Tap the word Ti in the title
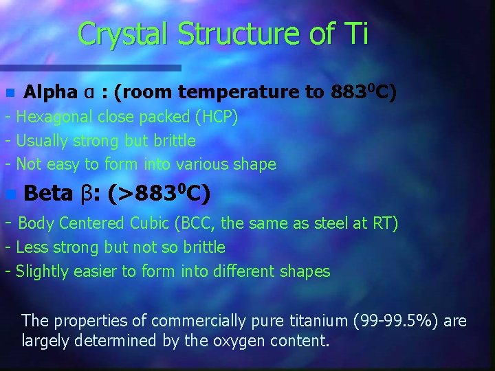(355, 34)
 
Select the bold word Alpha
(50, 92)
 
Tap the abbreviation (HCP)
(217, 117)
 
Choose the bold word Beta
(47, 194)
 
